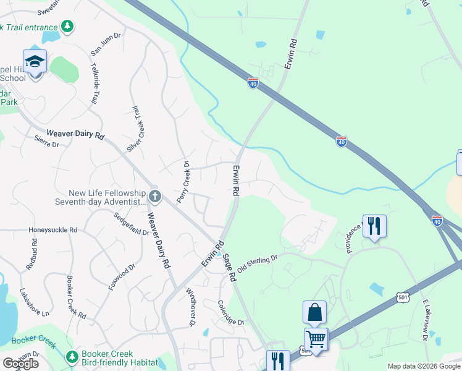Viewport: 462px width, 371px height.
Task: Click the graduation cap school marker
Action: pyautogui.click(x=35, y=62)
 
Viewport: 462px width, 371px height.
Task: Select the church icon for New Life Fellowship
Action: pyautogui.click(x=155, y=197)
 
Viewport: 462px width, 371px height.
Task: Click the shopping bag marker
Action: pyautogui.click(x=314, y=313)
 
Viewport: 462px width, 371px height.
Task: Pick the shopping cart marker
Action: pyautogui.click(x=316, y=339)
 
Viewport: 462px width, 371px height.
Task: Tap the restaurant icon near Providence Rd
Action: pyautogui.click(x=374, y=226)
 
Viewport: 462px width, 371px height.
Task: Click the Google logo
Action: pyautogui.click(x=20, y=364)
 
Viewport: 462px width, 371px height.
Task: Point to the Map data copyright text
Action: pyautogui.click(x=424, y=366)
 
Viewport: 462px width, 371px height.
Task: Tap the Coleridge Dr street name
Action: pyautogui.click(x=231, y=313)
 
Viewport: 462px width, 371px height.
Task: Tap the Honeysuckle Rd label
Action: pyautogui.click(x=53, y=230)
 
